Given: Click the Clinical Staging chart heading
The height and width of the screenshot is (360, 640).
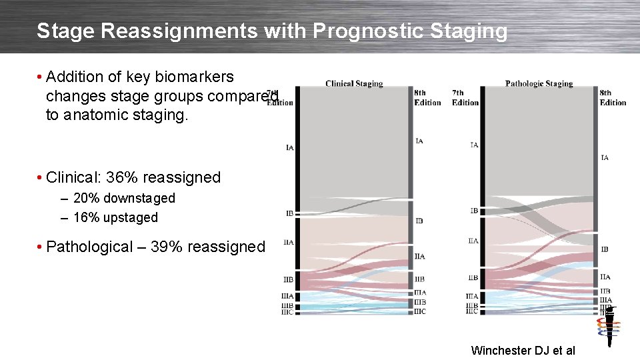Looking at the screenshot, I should (x=354, y=84).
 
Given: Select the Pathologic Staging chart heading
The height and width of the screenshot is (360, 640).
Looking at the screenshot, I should (x=539, y=84).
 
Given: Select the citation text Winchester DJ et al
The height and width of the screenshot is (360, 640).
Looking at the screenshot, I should (x=523, y=350).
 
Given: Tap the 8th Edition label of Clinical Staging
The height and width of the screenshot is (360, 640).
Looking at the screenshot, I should (x=427, y=97).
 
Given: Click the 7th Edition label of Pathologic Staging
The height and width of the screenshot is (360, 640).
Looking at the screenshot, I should (x=465, y=97).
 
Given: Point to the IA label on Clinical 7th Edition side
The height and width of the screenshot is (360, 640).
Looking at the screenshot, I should (x=289, y=147).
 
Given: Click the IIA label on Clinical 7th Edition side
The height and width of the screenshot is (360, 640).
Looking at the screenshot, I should (x=288, y=243).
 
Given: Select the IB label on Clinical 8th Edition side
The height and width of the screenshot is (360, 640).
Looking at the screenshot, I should (x=419, y=221).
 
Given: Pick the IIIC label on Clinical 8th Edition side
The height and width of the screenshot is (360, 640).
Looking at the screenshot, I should (x=420, y=311).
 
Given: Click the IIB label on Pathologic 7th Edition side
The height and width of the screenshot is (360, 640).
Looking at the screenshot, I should (x=473, y=278).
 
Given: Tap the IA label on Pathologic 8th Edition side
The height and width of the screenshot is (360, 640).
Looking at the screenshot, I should (x=605, y=158).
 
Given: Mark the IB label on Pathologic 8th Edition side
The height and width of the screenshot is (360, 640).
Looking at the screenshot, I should (x=605, y=249).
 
